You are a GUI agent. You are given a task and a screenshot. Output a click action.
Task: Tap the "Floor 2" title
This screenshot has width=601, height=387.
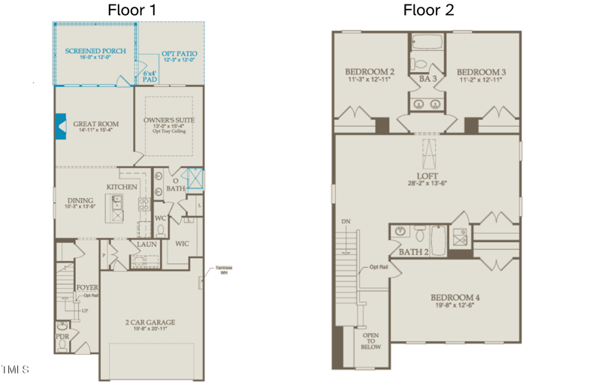pos(428,10)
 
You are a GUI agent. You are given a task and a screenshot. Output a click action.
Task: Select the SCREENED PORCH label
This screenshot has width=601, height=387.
pos(95,50)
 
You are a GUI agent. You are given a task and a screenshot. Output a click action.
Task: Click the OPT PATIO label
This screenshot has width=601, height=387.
pos(179,55)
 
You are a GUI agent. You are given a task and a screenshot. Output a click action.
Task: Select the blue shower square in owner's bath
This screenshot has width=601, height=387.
pos(194,178)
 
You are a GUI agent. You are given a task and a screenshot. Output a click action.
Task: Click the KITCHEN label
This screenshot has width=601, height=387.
pos(122,185)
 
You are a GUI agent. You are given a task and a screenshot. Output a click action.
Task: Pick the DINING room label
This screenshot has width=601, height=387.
pos(80,200)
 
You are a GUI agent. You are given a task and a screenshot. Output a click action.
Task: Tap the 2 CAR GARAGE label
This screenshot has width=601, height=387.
pos(151,322)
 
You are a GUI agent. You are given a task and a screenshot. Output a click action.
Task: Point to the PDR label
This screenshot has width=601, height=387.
pos(62,337)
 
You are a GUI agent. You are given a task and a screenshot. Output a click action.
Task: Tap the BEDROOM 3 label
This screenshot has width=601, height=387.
pos(481,72)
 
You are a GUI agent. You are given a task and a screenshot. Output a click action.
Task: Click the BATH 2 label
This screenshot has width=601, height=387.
pos(414,252)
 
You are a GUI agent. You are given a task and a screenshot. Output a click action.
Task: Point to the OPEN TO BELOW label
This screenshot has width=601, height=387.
pos(371,341)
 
